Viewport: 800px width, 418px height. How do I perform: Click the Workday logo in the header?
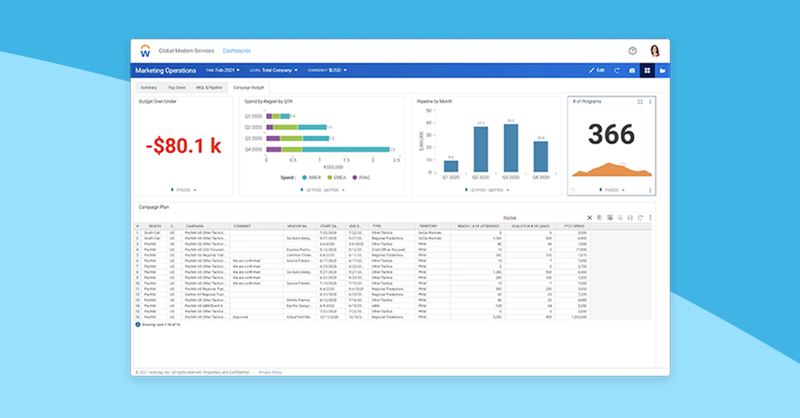145,51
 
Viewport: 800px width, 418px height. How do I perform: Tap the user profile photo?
654,51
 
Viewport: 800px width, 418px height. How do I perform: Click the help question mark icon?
632,51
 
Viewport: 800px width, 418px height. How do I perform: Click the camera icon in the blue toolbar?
631,71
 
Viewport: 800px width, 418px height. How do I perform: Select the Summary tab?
149,87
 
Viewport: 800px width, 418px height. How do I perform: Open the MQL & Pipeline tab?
209,87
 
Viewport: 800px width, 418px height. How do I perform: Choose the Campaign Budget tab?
248,87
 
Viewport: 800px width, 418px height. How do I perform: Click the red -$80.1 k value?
183,146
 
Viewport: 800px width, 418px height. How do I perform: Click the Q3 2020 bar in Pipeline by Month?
511,148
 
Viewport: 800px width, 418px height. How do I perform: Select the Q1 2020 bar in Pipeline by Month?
451,166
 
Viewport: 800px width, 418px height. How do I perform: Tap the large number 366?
611,134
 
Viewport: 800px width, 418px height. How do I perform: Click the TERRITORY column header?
427,226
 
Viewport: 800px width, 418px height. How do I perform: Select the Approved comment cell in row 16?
241,317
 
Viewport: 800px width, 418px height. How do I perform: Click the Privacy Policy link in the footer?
270,372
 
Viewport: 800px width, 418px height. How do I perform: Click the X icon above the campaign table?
589,218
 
